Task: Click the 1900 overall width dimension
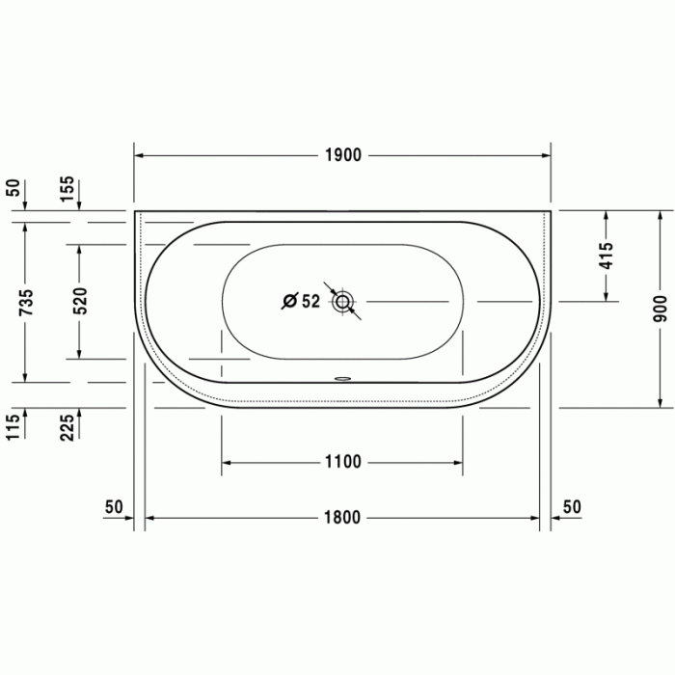pyautogui.click(x=342, y=155)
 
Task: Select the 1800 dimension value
pyautogui.click(x=342, y=518)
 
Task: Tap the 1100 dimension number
pyautogui.click(x=342, y=463)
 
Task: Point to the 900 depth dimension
pyautogui.click(x=660, y=307)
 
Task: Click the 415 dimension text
pyautogui.click(x=606, y=255)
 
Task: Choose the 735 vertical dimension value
pyautogui.click(x=26, y=302)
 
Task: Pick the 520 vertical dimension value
pyautogui.click(x=80, y=301)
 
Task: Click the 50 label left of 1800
pyautogui.click(x=114, y=507)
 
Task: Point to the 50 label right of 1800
pyautogui.click(x=572, y=507)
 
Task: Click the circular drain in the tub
pyautogui.click(x=342, y=302)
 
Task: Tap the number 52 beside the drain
pyautogui.click(x=310, y=302)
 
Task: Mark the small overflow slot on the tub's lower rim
pyautogui.click(x=342, y=378)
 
